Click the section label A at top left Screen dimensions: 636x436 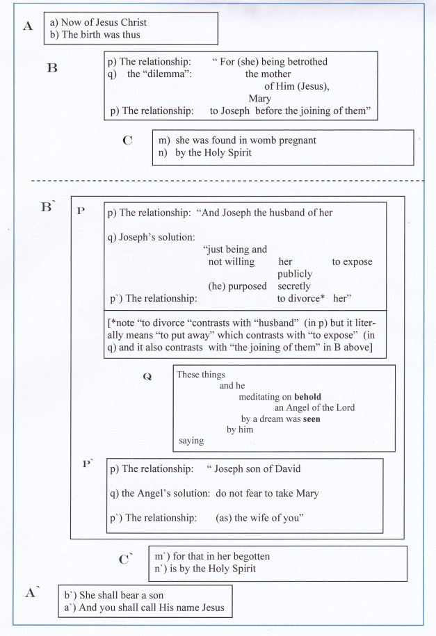(x=28, y=27)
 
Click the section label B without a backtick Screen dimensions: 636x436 (x=51, y=69)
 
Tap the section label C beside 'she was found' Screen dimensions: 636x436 (x=127, y=140)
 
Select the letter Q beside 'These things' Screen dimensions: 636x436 (x=147, y=376)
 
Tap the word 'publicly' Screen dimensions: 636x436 (x=294, y=274)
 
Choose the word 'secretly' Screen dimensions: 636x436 (x=294, y=286)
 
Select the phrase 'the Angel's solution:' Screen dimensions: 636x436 (x=165, y=494)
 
